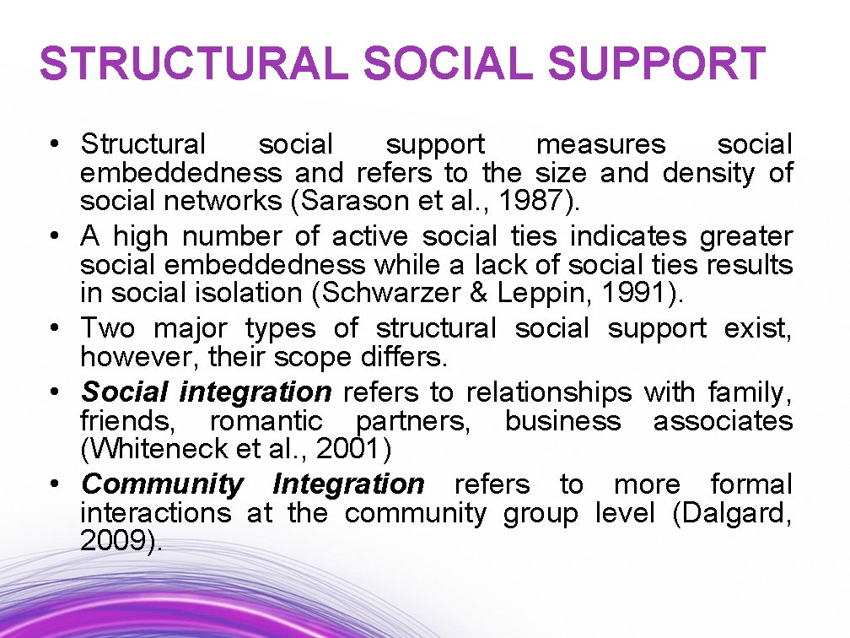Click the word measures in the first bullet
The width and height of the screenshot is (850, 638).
tap(600, 145)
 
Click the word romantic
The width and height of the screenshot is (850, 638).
tap(266, 420)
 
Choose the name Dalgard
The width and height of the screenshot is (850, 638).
tap(732, 512)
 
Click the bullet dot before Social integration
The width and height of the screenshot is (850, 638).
tap(53, 392)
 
